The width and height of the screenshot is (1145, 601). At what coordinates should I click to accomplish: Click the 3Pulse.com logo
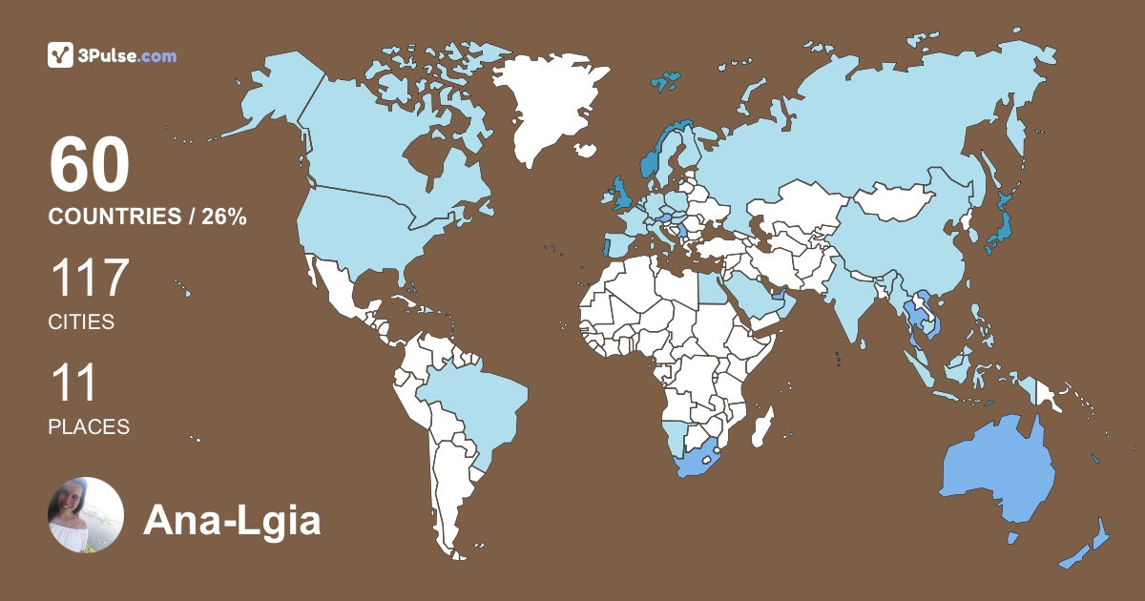pyautogui.click(x=113, y=55)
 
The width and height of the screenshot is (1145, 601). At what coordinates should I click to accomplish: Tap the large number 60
pyautogui.click(x=89, y=166)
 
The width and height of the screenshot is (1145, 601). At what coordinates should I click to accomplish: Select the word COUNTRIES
pyautogui.click(x=114, y=217)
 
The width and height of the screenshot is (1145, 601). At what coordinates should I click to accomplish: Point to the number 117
pyautogui.click(x=89, y=278)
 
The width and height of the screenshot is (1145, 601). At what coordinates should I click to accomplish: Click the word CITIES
pyautogui.click(x=81, y=322)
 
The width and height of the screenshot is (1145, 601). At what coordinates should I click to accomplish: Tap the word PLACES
pyautogui.click(x=89, y=426)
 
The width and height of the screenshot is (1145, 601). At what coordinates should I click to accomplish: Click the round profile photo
pyautogui.click(x=86, y=515)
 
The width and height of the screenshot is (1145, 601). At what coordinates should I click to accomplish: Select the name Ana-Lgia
pyautogui.click(x=232, y=521)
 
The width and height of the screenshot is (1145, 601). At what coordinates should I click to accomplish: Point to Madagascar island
pyautogui.click(x=761, y=425)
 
